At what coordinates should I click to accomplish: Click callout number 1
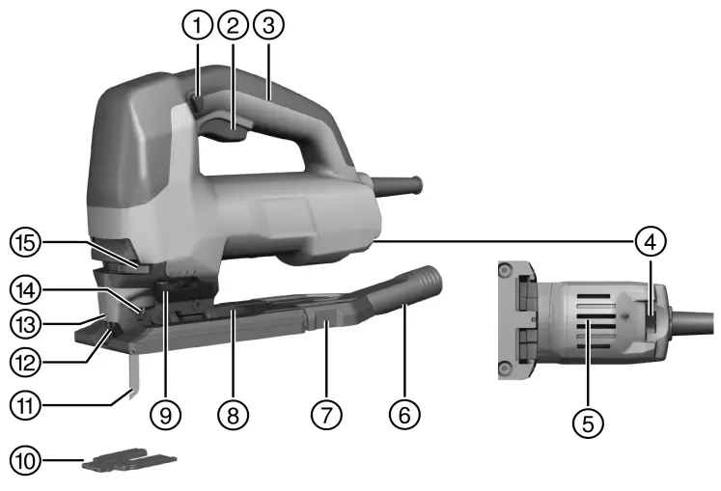point(197,25)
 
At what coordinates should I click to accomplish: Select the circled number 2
point(234,25)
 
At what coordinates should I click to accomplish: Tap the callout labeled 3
point(269,25)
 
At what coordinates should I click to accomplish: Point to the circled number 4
point(651,241)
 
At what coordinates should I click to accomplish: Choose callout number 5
point(588,423)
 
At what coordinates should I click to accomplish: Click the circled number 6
point(404,415)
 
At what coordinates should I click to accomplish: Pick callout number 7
point(326,415)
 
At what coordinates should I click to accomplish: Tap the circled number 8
point(234,415)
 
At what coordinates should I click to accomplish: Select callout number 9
point(166,415)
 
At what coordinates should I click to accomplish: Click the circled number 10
point(25,460)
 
